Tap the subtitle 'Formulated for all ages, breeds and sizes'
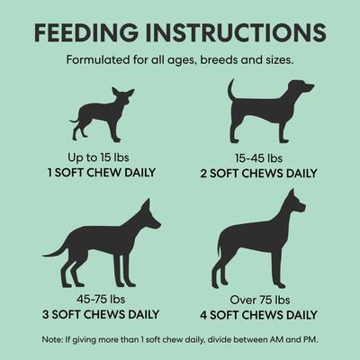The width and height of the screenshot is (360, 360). coord(180,61)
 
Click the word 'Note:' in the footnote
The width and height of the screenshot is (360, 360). coord(52,339)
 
